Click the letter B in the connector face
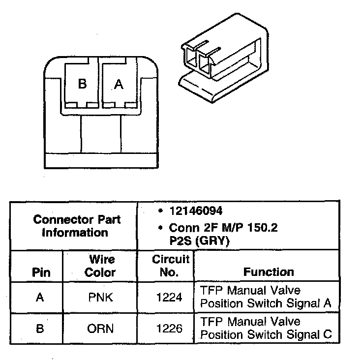coord(82,84)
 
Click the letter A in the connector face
coord(119,85)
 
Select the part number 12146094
coord(196,211)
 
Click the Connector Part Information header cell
coord(76,226)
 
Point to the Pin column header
coord(41,272)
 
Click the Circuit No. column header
coord(170,266)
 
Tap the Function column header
coord(269,271)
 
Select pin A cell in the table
coord(40,297)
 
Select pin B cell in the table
coord(40,329)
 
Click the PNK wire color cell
coord(100,297)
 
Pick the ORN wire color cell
coord(100,329)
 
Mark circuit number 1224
coord(169,297)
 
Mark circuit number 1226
coord(169,329)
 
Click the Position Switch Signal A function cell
coord(266,297)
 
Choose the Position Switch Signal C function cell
coord(266,328)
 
